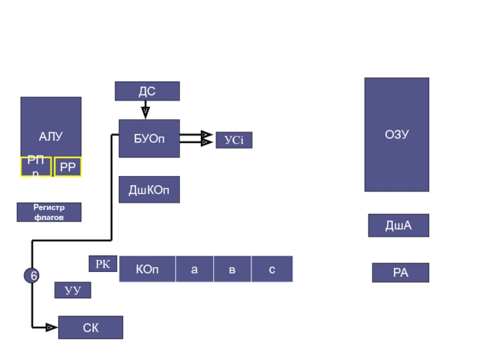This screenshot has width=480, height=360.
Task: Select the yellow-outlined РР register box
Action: tap(68, 167)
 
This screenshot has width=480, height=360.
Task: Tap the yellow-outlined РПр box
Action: tap(36, 167)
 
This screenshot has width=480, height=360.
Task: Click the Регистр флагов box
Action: tap(49, 212)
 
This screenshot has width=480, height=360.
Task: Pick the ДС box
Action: tap(147, 91)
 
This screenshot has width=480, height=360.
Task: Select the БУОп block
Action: tap(149, 139)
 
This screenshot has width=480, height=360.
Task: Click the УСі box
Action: tap(234, 140)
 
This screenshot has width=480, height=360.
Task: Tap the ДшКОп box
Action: tap(149, 190)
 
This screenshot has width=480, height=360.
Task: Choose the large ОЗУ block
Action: tap(397, 134)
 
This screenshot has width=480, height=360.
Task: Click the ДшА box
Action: tap(398, 226)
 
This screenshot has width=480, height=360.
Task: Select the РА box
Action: tap(400, 273)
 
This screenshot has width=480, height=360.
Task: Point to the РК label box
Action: tap(103, 263)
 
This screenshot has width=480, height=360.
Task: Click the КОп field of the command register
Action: tap(148, 269)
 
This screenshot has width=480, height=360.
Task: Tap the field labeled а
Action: tap(194, 269)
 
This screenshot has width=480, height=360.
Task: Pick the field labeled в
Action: tap(232, 269)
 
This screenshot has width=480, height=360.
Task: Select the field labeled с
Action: tap(272, 269)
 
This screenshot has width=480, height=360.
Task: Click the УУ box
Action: tap(73, 290)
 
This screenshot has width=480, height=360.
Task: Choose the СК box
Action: tap(91, 328)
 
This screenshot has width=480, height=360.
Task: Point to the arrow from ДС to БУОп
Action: tap(145, 110)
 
